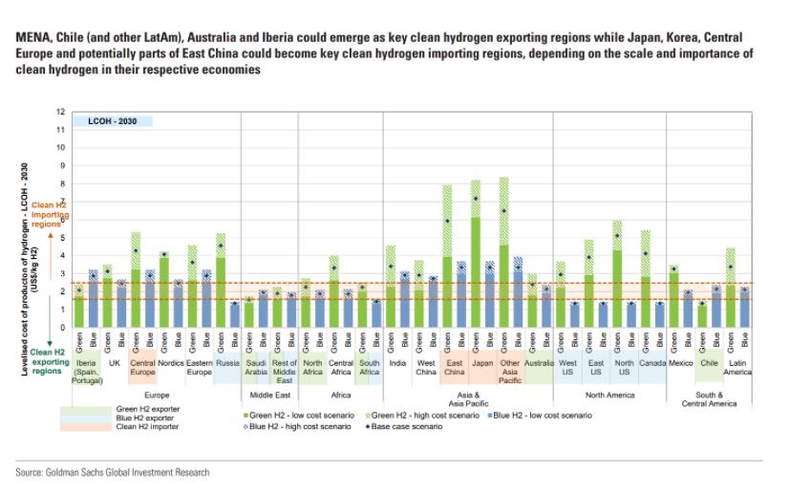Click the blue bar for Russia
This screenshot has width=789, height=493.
(x=235, y=314)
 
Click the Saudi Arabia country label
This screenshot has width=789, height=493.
(x=257, y=368)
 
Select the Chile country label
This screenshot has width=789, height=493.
(x=709, y=364)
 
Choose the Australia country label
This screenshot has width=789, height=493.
(x=539, y=364)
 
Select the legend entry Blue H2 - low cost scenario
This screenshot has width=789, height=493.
(x=543, y=416)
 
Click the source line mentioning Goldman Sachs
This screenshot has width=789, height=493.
(x=112, y=472)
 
